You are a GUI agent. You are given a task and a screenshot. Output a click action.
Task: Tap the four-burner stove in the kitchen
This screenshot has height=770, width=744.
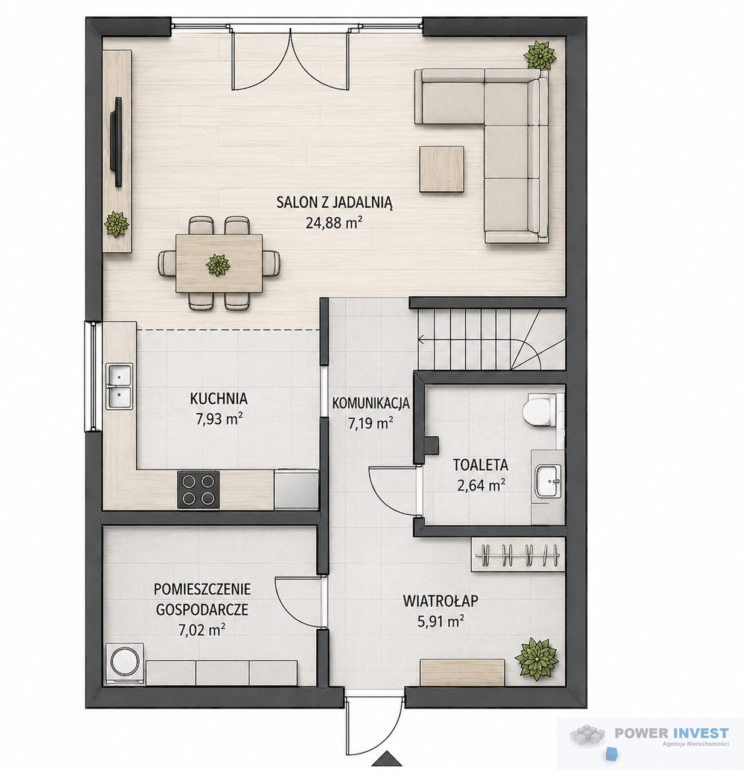coord(198,489)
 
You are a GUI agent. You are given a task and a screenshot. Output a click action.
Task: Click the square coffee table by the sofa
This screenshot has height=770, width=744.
coord(442,169)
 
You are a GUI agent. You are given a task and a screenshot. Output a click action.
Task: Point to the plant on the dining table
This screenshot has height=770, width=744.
coord(218,265)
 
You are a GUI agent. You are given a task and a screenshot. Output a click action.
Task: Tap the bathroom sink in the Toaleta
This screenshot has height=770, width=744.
coord(548,480)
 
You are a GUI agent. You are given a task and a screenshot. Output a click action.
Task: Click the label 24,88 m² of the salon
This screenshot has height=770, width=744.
coord(334,223)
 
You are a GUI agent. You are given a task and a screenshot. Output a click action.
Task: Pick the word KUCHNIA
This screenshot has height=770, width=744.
coord(219,398)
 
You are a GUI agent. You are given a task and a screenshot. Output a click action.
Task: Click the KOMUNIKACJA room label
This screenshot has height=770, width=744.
coord(371,404)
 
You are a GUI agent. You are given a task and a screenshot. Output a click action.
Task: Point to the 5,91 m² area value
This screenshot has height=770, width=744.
coord(441,622)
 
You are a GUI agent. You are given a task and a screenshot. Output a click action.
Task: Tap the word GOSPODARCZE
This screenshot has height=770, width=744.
coord(202,609)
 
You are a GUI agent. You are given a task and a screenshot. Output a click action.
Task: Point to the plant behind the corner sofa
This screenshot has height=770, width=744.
coord(540,55)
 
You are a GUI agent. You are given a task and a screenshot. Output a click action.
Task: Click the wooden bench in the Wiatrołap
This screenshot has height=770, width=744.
coord(462,672)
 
